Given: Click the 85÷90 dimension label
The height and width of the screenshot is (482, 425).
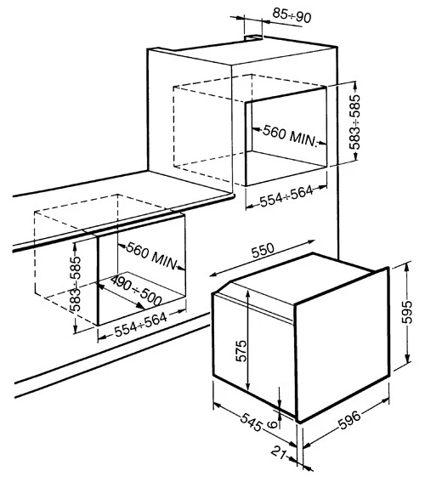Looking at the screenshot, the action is tap(292, 15).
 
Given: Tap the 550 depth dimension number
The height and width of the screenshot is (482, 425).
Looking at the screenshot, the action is tap(263, 251).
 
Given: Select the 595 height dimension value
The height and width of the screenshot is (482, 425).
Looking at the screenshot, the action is tap(408, 312).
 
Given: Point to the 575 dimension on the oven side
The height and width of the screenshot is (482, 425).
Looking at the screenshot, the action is tap(241, 350).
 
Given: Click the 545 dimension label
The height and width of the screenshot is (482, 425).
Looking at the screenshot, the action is tap(251, 422).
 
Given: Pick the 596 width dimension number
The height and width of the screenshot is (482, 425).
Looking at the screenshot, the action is tap(349, 420).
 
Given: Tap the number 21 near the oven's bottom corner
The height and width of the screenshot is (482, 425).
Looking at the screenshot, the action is tap(279, 451).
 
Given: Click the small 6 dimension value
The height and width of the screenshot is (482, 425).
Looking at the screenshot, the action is tap(272, 424).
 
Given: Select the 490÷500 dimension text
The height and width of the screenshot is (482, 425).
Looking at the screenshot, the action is tap(136, 290).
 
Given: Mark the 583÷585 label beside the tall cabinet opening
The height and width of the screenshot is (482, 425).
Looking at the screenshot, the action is tap(355, 122).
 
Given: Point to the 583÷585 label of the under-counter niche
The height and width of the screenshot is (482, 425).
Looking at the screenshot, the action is tap(75, 283).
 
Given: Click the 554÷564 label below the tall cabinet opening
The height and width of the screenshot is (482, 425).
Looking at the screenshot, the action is tap(286, 196).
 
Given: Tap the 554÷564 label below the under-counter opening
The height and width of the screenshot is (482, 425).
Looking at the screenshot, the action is tap(141, 325).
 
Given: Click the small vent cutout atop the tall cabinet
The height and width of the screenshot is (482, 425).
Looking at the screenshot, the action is tap(253, 37).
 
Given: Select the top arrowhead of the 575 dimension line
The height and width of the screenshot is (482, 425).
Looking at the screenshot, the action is tap(248, 293).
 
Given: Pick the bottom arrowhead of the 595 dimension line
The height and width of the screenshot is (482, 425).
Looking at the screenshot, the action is tap(407, 359).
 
